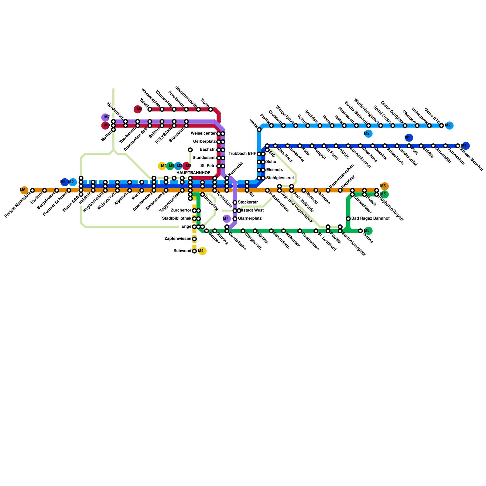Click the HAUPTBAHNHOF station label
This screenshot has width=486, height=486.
tap(193, 173)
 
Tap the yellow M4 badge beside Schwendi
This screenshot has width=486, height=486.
tap(202, 251)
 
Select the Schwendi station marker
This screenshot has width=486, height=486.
tap(194, 251)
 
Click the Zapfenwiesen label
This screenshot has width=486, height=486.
tap(178, 239)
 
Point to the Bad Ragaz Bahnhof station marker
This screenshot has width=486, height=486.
tap(348, 219)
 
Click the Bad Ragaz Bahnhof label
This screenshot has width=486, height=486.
tap(370, 219)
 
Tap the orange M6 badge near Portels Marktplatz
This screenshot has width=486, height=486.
tap(24, 190)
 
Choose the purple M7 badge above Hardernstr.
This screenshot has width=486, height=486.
tap(105, 117)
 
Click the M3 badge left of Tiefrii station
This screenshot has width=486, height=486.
tap(138, 109)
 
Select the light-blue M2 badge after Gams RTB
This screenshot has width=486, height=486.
tap(450, 125)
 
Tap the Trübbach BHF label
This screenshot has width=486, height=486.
tap(242, 154)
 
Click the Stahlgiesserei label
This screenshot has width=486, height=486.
tap(280, 178)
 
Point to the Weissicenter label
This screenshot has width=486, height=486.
tap(203, 134)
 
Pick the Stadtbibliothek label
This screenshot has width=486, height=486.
tap(177, 219)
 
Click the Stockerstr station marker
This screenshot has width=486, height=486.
tap(235, 203)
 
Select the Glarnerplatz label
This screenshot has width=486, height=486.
tap(250, 219)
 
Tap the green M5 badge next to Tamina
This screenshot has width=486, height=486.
tap(368, 231)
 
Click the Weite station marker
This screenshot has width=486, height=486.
tap(259, 130)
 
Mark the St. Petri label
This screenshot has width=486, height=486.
tap(208, 166)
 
